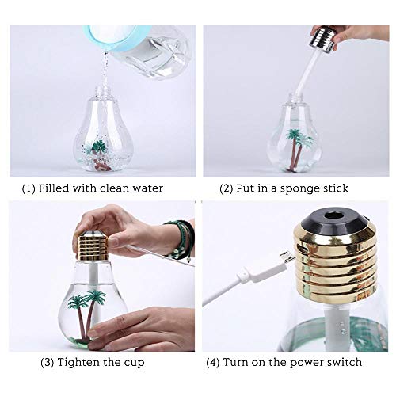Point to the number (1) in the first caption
(29, 188)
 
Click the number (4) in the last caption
(213, 362)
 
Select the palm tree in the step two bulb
(298, 149)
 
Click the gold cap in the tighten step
(93, 245)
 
